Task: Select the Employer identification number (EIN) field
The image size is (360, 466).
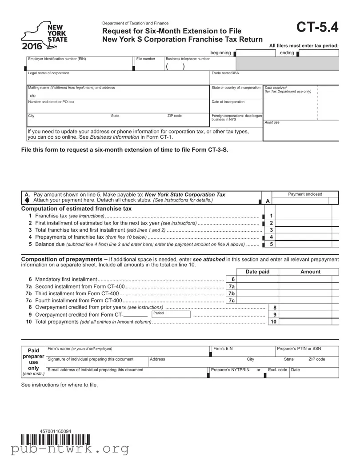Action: point(80,64)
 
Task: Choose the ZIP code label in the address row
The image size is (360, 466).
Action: point(174,116)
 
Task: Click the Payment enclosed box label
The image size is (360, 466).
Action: point(305,194)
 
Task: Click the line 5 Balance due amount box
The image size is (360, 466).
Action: point(307,244)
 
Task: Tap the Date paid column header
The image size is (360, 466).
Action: point(257,272)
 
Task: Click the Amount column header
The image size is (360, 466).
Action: point(310,272)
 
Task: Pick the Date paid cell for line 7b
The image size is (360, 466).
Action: point(258,293)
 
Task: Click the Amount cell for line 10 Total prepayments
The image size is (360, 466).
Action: point(308,321)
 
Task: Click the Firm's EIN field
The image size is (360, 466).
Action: point(242,351)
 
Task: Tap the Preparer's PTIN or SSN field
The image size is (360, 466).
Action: point(306,351)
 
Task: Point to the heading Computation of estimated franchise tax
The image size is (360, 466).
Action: point(76,209)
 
